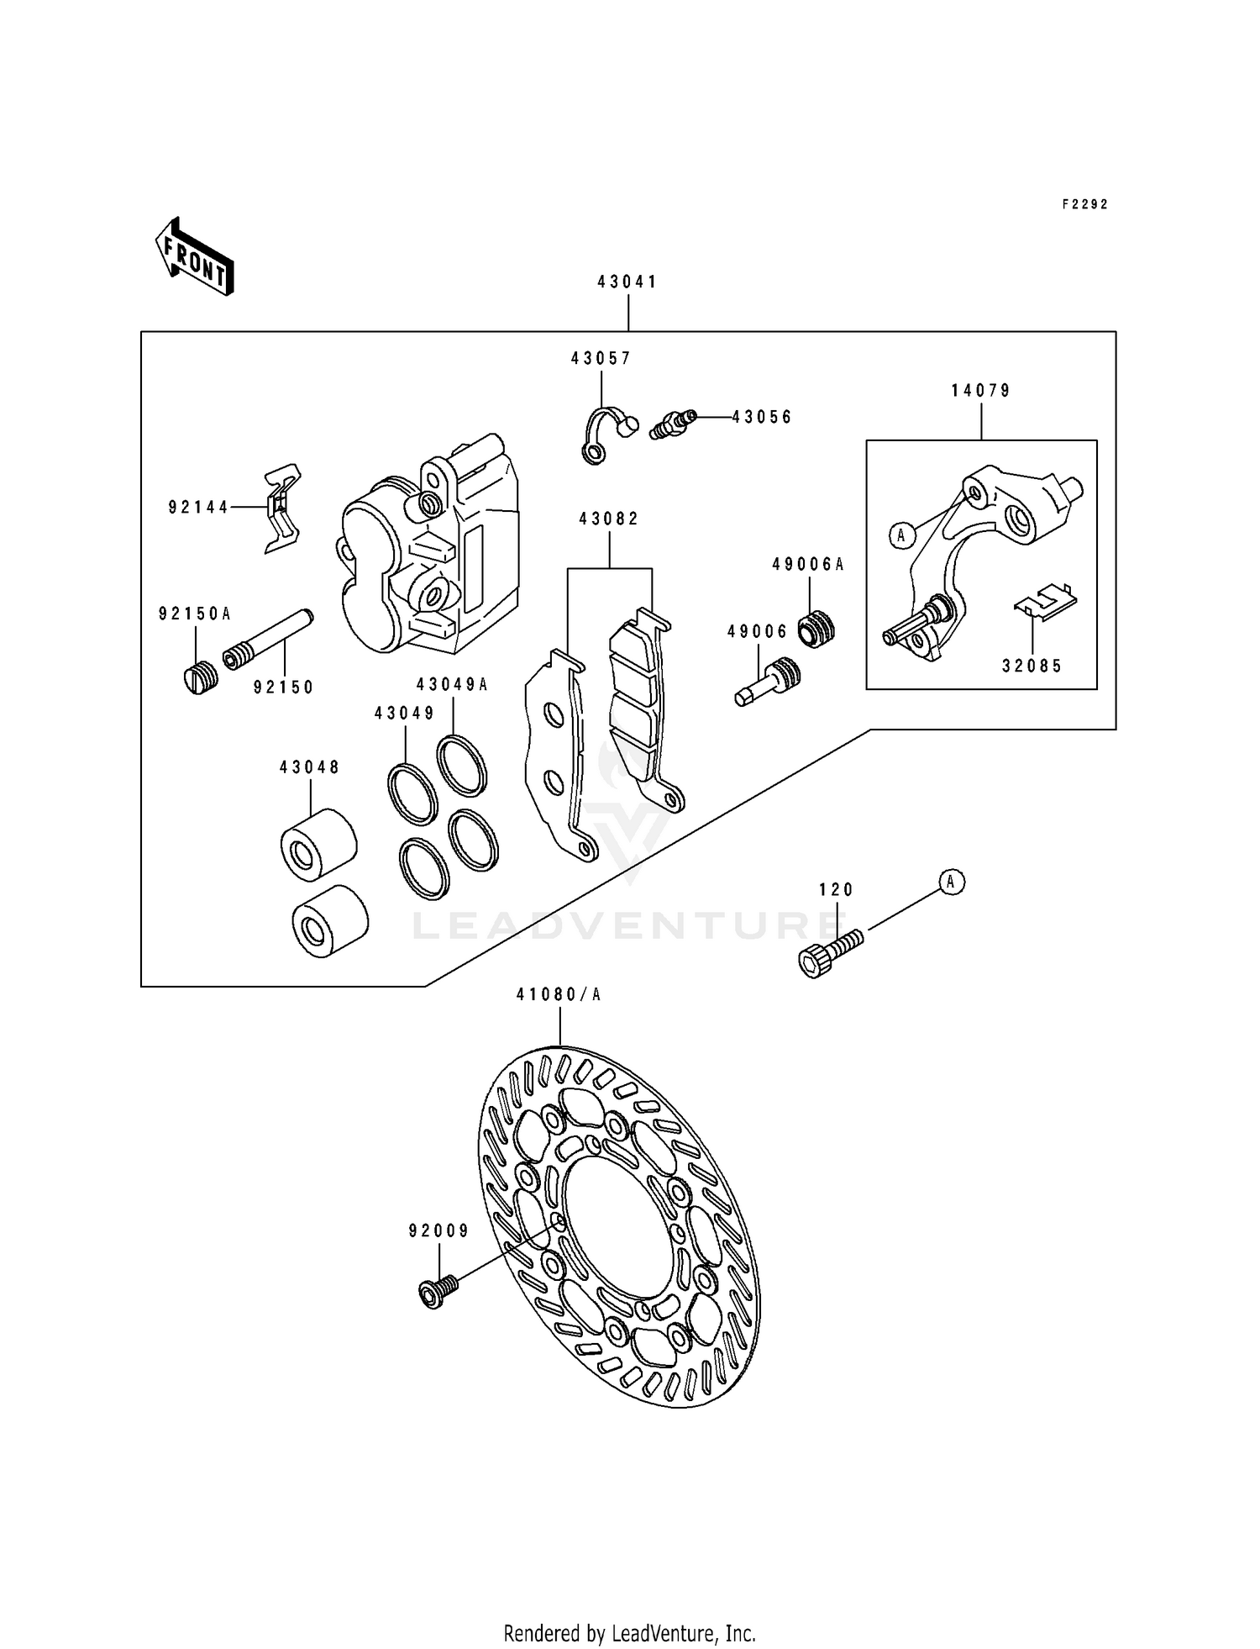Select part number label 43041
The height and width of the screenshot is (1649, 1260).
click(x=627, y=282)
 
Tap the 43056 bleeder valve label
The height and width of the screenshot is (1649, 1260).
click(x=761, y=417)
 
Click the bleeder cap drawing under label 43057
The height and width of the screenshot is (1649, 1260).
click(x=606, y=434)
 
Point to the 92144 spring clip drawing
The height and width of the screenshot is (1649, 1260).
click(x=282, y=508)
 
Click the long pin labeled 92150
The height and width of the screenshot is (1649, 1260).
click(x=269, y=640)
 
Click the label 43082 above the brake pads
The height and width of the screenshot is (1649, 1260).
click(x=609, y=519)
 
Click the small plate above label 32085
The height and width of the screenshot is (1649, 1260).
click(x=1045, y=601)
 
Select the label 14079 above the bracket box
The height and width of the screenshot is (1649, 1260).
click(x=981, y=391)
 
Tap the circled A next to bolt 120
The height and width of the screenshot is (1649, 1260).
click(x=951, y=882)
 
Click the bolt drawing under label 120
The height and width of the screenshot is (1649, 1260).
click(x=829, y=951)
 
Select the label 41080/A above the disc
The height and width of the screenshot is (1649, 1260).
click(x=559, y=995)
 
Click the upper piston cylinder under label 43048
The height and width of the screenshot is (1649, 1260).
click(x=318, y=845)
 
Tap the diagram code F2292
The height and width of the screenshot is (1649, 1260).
click(x=1084, y=204)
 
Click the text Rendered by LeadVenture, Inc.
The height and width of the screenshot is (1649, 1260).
click(x=629, y=1633)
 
